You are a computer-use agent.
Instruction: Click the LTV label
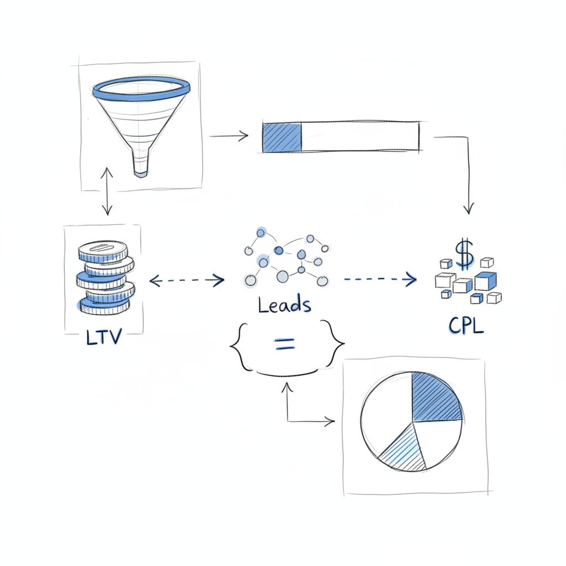coord(103,337)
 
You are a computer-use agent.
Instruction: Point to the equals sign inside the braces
coord(284,345)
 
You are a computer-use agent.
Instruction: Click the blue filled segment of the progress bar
coord(282,137)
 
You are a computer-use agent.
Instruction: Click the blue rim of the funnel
coord(142,87)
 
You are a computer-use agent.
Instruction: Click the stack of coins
coord(105,280)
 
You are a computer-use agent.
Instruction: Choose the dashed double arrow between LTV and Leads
coord(187,281)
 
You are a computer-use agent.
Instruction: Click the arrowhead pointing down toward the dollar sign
coord(469,209)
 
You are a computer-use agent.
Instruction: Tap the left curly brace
coord(238,345)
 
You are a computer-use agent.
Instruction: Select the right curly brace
coord(336,343)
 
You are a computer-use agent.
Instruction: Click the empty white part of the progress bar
coord(359,135)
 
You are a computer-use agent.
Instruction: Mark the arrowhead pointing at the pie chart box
coord(330,422)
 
